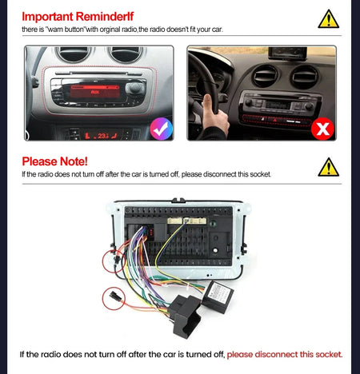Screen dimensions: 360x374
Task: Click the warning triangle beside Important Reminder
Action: pos(329,19)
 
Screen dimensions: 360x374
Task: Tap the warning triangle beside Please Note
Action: pos(329,167)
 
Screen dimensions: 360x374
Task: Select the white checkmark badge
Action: pos(161,129)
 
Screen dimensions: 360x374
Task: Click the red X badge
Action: pos(322,129)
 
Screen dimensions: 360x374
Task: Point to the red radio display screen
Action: pos(95,92)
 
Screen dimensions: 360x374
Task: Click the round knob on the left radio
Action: pos(134,87)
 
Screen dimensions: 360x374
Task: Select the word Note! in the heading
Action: pos(74,161)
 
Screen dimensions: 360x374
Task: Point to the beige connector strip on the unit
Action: pos(187,221)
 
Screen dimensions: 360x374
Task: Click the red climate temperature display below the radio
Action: pos(101,136)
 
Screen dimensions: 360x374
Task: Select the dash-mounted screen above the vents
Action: pos(287,54)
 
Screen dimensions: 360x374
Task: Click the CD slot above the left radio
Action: pos(98,73)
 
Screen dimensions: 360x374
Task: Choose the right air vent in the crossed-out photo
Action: pos(304,77)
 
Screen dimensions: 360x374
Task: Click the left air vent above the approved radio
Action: pos(74,54)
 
